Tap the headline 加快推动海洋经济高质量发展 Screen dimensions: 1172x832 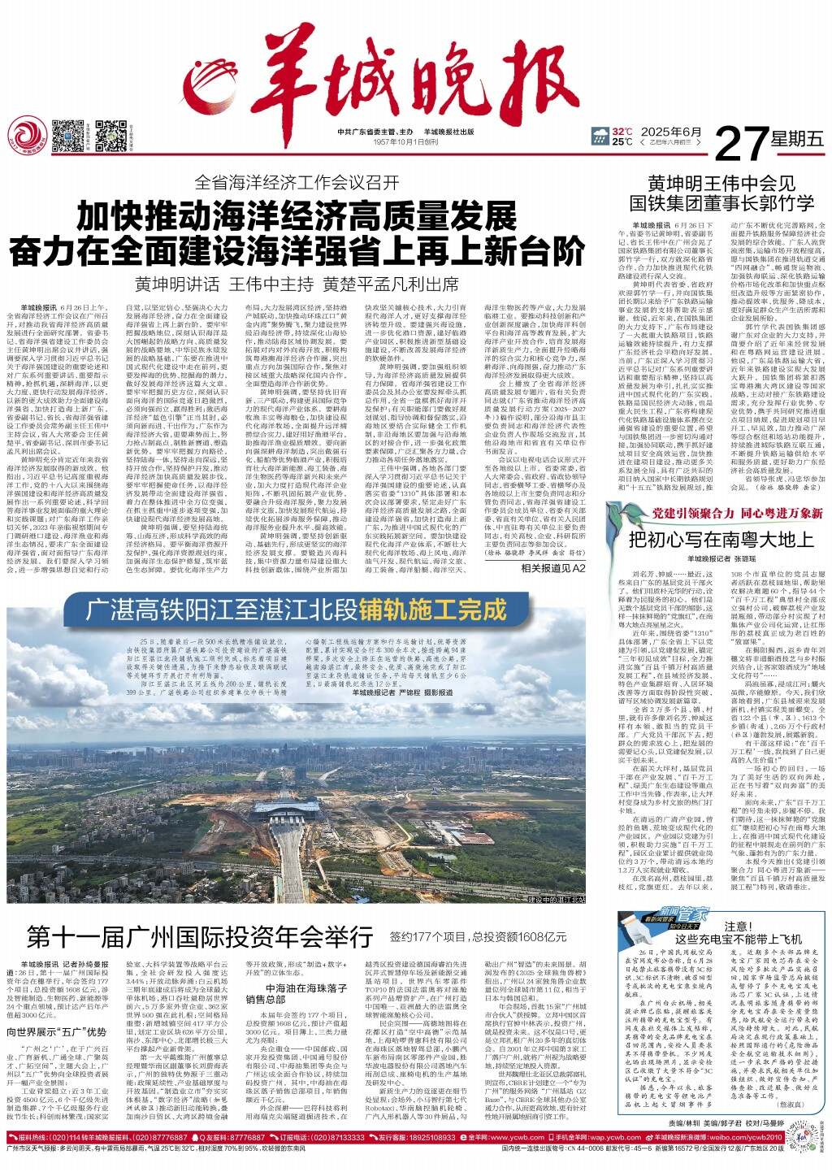297,217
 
